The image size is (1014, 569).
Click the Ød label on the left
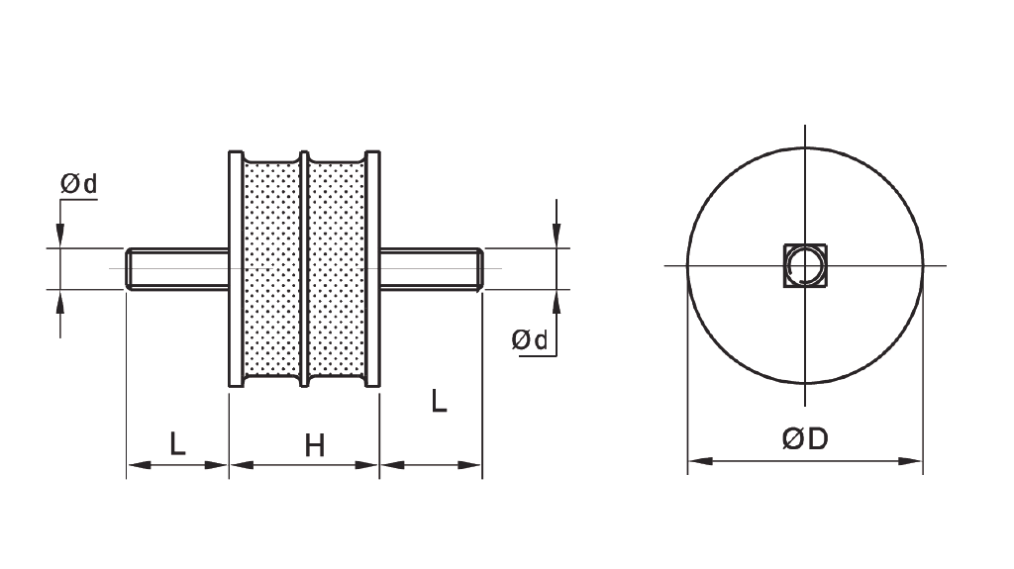pos(79,184)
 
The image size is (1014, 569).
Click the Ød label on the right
pos(530,339)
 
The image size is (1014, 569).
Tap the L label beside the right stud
pos(440,401)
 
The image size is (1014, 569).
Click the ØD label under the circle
pos(804,439)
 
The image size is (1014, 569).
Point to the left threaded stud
pos(178,268)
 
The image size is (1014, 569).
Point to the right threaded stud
pos(431,268)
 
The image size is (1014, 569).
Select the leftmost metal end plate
pos(236,268)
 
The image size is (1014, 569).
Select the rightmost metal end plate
pos(372,268)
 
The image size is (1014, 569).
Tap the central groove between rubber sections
pos(304,268)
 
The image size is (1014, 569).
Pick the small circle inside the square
pos(804,266)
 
